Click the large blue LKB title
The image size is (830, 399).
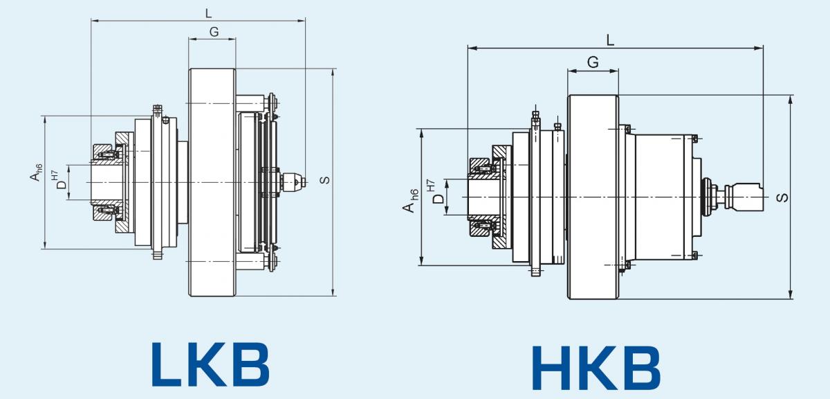(210, 364)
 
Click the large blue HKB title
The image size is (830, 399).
(596, 367)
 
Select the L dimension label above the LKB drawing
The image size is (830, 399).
(208, 14)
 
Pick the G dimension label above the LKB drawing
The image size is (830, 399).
(214, 33)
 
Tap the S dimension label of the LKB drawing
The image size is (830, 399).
(324, 180)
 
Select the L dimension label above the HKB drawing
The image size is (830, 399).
(610, 40)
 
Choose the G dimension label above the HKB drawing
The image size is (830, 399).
(593, 62)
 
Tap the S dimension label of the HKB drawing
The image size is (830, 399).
(782, 197)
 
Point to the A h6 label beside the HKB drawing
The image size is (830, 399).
(411, 201)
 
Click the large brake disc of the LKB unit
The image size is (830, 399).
(212, 182)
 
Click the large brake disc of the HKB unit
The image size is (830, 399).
(593, 197)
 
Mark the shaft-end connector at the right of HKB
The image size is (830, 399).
(744, 197)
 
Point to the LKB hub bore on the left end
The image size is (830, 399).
(107, 182)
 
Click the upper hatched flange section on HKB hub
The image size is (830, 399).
(501, 152)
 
